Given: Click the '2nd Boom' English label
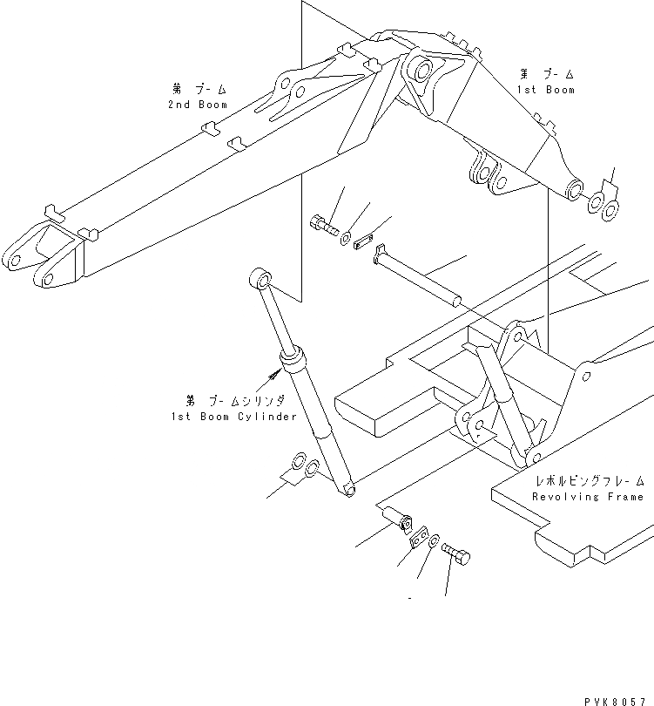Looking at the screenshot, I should pyautogui.click(x=198, y=105).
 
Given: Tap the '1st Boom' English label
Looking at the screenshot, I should pyautogui.click(x=547, y=90).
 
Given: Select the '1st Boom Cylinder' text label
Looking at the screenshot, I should pyautogui.click(x=234, y=417).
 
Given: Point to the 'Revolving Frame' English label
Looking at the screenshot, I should pyautogui.click(x=589, y=496).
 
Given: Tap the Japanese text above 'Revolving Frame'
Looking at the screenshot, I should pyautogui.click(x=590, y=480).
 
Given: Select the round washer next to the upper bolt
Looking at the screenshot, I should pyautogui.click(x=347, y=236).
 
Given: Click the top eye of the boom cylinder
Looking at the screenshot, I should pyautogui.click(x=260, y=280).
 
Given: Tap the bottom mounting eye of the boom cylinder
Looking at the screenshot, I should pyautogui.click(x=348, y=491).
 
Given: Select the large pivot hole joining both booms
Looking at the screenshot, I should pyautogui.click(x=424, y=71).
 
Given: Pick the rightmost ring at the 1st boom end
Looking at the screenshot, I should pyautogui.click(x=611, y=207).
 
